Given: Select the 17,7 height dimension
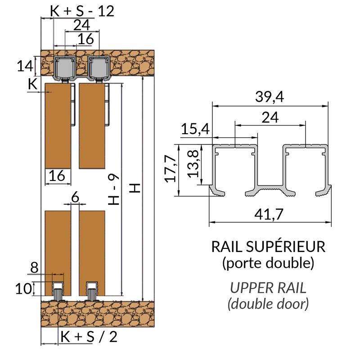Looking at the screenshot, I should [x=170, y=170].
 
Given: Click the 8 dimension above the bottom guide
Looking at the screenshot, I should [x=35, y=268].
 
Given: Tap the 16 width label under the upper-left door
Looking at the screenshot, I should [x=58, y=175].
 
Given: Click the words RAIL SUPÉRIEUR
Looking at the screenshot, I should [x=268, y=247].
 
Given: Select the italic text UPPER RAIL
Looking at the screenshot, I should [x=268, y=288].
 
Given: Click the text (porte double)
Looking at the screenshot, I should [x=268, y=263].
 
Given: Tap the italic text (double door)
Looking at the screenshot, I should [x=268, y=304].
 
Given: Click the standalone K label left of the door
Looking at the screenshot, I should [x=32, y=83].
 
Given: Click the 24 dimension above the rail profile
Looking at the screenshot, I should [x=270, y=117].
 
